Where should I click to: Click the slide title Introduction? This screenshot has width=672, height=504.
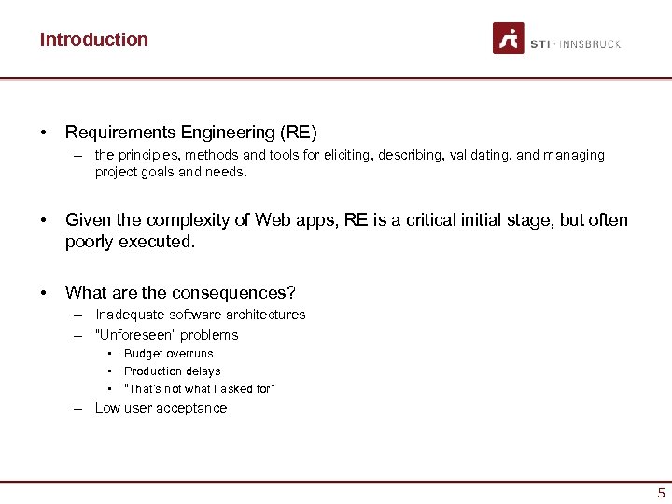click(x=93, y=39)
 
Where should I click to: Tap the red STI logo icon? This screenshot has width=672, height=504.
click(x=509, y=38)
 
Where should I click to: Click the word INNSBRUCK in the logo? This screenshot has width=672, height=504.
click(x=591, y=44)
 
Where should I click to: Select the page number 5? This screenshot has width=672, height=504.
click(x=661, y=493)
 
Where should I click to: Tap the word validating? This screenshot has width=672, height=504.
click(x=480, y=155)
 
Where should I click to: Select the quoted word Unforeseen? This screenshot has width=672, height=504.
click(x=136, y=335)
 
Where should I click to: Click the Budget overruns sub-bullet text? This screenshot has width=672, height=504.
click(x=168, y=354)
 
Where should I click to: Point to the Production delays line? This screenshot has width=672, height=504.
click(x=172, y=371)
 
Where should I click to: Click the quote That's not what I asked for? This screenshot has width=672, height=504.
click(x=199, y=389)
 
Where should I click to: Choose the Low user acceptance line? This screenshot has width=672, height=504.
click(x=161, y=408)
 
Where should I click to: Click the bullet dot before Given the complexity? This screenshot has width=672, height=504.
click(x=44, y=221)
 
